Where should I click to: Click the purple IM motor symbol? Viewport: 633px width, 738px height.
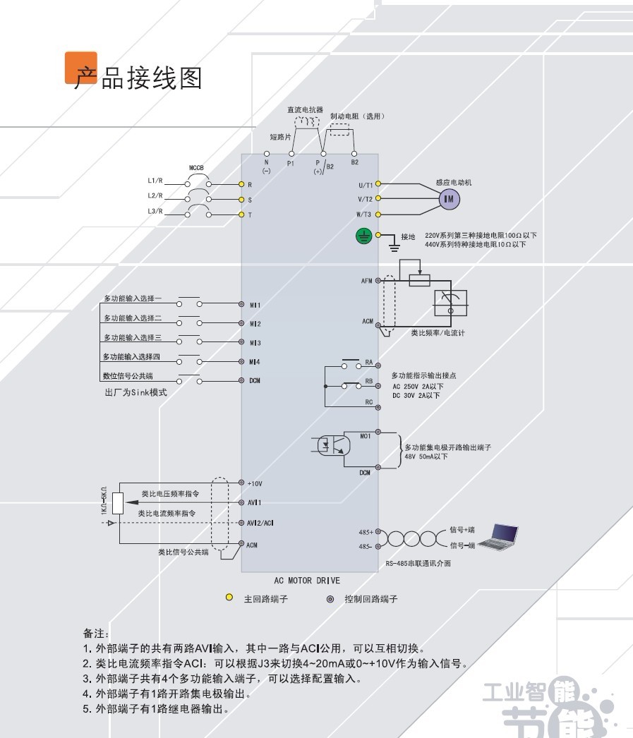click(x=449, y=199)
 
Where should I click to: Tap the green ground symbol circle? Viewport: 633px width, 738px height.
click(x=364, y=236)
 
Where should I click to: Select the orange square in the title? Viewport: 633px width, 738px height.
click(x=81, y=68)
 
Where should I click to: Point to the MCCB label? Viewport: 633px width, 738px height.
click(x=196, y=167)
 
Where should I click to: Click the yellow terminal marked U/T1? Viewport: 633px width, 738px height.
click(x=378, y=183)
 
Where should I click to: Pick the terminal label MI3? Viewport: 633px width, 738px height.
click(x=255, y=343)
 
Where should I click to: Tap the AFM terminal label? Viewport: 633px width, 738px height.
click(x=367, y=281)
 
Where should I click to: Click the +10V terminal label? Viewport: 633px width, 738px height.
click(x=255, y=483)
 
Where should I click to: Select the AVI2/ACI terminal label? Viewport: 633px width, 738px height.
click(x=260, y=523)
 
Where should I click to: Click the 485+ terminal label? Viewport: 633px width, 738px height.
click(x=366, y=532)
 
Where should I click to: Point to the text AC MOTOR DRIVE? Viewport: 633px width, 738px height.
click(x=307, y=581)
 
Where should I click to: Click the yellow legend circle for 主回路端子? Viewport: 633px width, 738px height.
click(x=229, y=598)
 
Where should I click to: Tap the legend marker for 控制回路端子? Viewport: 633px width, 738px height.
click(x=330, y=599)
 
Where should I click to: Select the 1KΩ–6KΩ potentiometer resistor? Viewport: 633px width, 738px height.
click(x=118, y=503)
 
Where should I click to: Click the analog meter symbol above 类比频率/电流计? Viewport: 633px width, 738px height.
click(x=450, y=303)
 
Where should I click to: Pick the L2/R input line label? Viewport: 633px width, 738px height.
click(x=155, y=195)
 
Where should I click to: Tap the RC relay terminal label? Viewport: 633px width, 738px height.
click(x=369, y=402)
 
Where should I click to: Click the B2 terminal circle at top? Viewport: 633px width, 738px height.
click(x=354, y=154)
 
